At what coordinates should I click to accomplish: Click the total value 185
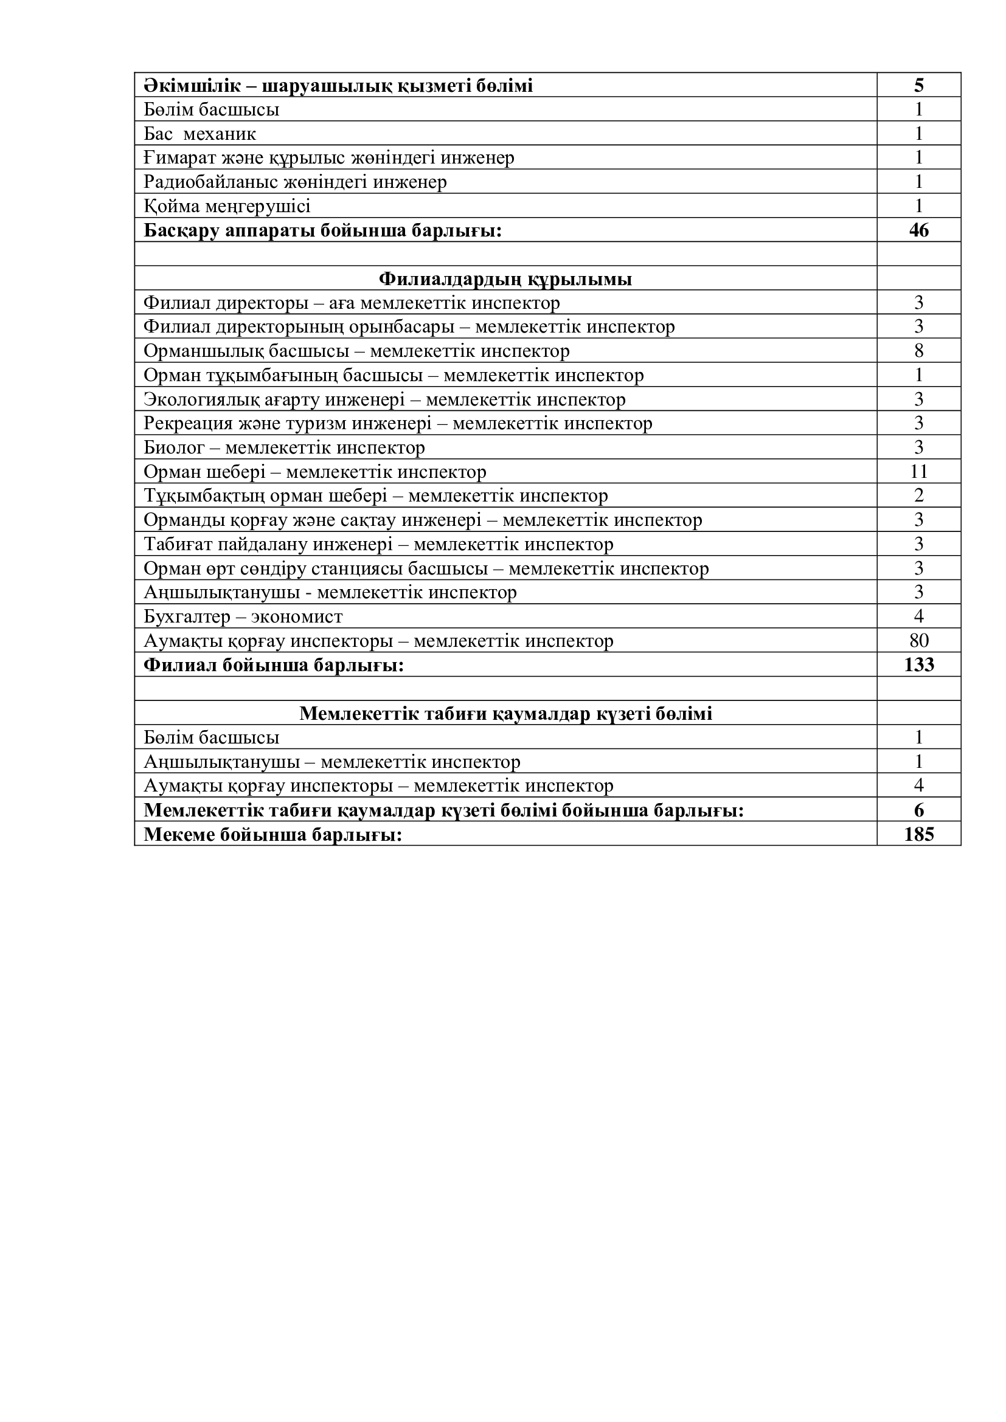918,835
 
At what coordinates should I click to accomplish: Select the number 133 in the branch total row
918,665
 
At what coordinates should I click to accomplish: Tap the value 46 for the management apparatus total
918,230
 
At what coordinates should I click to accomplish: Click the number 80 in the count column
918,640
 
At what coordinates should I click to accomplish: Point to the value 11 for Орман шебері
918,472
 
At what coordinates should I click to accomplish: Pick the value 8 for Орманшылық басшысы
918,351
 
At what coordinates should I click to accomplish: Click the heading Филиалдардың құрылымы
505,279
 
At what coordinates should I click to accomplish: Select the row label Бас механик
199,134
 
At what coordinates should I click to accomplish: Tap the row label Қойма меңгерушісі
227,206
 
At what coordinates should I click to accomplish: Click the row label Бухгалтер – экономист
243,617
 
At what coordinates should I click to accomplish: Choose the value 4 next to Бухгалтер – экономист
918,616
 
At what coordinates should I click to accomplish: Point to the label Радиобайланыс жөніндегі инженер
295,182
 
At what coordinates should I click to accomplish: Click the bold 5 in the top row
918,86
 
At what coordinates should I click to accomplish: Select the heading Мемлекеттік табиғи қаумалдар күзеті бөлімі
505,714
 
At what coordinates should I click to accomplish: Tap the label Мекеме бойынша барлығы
273,835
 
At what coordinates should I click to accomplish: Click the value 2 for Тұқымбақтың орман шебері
918,495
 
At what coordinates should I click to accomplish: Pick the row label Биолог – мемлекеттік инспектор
284,448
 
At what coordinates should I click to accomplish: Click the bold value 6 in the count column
918,811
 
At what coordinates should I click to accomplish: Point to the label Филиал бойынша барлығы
274,666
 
